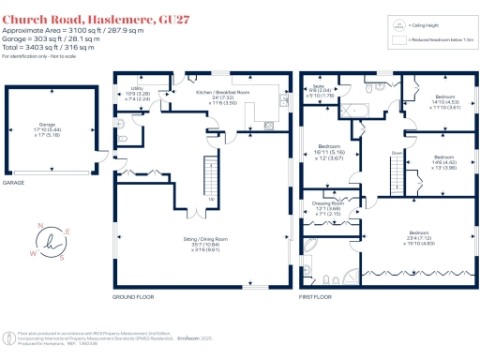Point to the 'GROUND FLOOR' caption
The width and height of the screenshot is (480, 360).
[132, 296]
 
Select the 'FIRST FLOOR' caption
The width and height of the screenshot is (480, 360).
[316, 296]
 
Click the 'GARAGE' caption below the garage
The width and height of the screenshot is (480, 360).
[14, 183]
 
